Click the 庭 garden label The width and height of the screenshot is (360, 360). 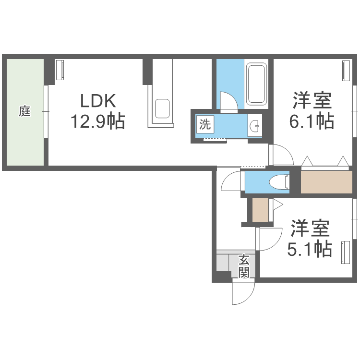pos(24,111)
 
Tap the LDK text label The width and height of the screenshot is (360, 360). pos(98,101)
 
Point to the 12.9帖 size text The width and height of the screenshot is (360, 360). pos(98,121)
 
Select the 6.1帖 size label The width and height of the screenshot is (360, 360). pos(312,121)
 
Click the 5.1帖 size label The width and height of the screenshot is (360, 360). pos(310,249)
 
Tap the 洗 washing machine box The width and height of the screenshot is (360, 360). pos(205,124)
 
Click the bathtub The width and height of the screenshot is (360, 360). pos(256,84)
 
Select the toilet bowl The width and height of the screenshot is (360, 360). pos(278,182)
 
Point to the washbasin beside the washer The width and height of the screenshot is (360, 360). pos(255,125)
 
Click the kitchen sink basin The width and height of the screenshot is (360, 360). pos(162,108)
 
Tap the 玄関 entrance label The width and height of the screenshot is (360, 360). pos(243,266)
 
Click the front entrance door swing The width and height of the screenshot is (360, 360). pos(243,292)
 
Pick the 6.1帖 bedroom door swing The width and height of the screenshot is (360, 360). pos(281,155)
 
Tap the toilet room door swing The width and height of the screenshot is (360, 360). pos(231,181)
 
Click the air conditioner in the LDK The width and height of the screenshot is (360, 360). pos(60,70)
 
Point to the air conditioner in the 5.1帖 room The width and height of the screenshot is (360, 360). pos(345,252)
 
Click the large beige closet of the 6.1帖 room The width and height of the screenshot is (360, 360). pos(326,182)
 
